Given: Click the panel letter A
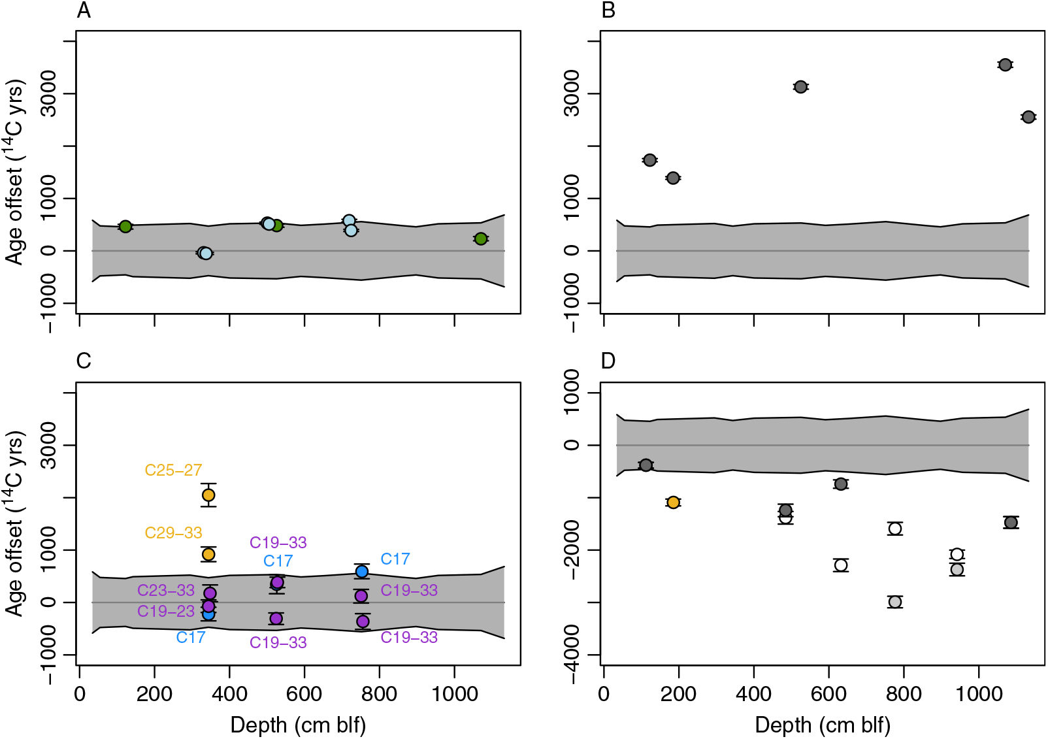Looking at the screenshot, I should click(x=84, y=10).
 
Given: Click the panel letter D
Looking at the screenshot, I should click(x=608, y=361).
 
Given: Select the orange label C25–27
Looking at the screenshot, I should click(x=173, y=470).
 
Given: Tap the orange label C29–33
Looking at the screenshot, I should click(x=173, y=533).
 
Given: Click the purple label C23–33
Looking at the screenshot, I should click(x=166, y=591).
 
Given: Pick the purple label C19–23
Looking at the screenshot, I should click(x=166, y=612).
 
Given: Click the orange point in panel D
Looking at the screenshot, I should click(x=673, y=502).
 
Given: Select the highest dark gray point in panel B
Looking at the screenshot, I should click(x=1005, y=65).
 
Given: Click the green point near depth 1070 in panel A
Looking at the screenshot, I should click(x=481, y=238).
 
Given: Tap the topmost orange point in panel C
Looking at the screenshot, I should click(x=208, y=495).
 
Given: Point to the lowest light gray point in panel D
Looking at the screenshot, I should click(x=895, y=602).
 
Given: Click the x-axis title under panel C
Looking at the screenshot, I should click(x=298, y=725).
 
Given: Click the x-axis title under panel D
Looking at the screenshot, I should click(x=823, y=725).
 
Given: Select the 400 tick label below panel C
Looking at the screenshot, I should click(x=229, y=694).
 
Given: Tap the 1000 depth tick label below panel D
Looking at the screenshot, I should click(x=979, y=694).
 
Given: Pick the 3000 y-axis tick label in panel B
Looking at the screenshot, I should click(x=571, y=93).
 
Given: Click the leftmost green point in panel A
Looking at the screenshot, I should click(x=125, y=226).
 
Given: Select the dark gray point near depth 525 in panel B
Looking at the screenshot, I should click(x=800, y=87).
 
